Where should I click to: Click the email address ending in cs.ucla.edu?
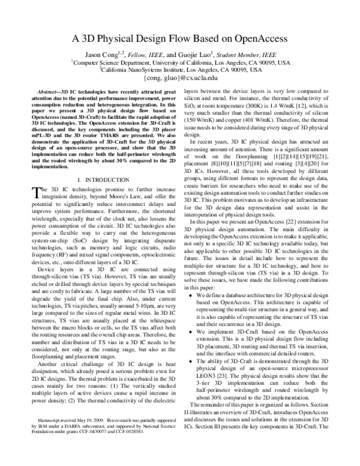pyautogui.click(x=180, y=79)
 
